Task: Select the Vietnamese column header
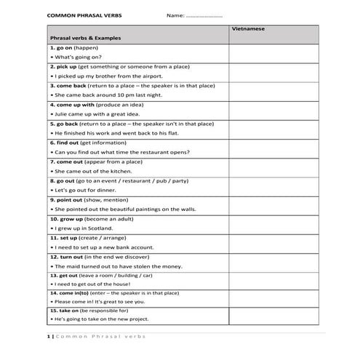click(248, 28)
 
